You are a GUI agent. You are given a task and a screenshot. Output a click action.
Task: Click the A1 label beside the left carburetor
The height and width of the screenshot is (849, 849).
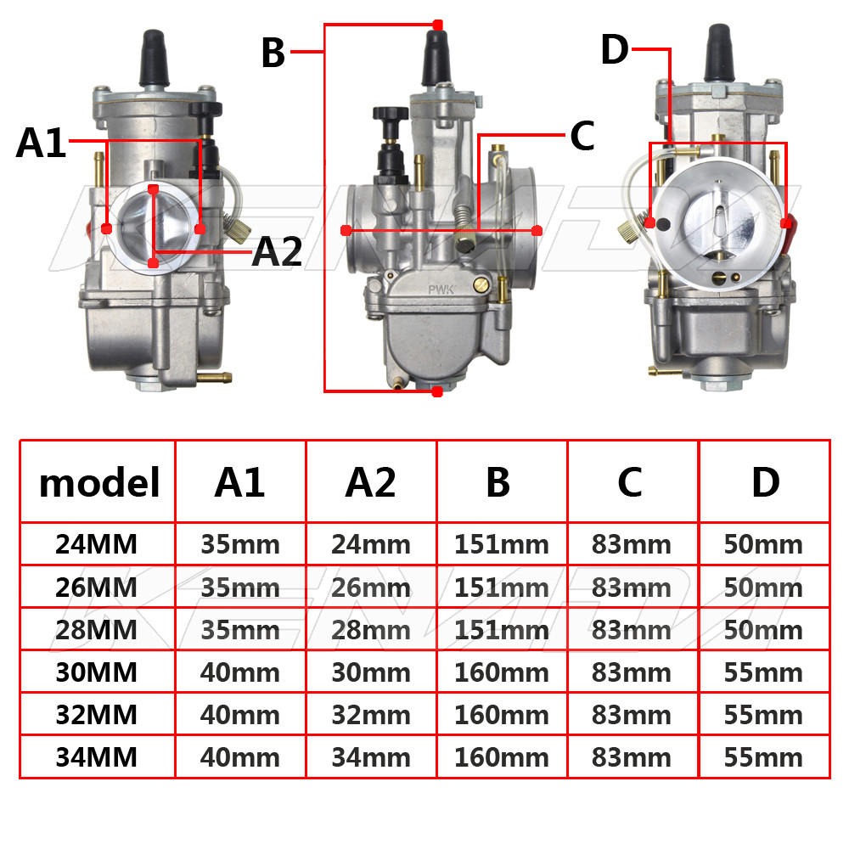pyautogui.click(x=41, y=143)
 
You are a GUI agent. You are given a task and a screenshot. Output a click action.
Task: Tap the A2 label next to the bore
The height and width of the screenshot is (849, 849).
pyautogui.click(x=278, y=252)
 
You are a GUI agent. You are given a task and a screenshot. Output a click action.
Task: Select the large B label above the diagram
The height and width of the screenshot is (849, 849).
pyautogui.click(x=273, y=53)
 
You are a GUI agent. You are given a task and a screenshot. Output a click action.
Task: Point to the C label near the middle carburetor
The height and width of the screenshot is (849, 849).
pyautogui.click(x=582, y=135)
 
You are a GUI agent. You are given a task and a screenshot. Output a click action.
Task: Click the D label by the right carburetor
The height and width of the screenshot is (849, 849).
pyautogui.click(x=615, y=49)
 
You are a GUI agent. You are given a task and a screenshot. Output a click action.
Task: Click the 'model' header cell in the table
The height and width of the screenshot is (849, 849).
pyautogui.click(x=99, y=482)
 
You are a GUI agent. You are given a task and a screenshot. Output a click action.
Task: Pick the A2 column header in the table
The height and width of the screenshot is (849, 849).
pyautogui.click(x=371, y=482)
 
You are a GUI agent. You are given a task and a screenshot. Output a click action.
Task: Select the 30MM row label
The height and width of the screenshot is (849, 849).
pyautogui.click(x=97, y=672)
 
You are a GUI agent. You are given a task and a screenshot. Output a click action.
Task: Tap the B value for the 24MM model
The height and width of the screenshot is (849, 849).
pyautogui.click(x=502, y=544)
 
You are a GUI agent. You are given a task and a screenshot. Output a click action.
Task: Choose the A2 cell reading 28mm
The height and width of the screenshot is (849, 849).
pyautogui.click(x=371, y=630)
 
